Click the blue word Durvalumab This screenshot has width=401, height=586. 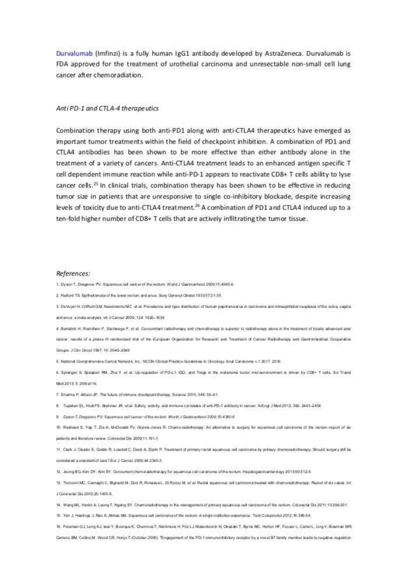tap(74, 53)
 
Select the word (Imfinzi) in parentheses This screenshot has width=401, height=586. tap(110, 53)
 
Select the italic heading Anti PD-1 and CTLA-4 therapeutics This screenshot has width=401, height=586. tap(107, 109)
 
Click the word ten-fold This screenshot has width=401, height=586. tap(72, 219)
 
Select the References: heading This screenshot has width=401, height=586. tap(73, 273)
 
